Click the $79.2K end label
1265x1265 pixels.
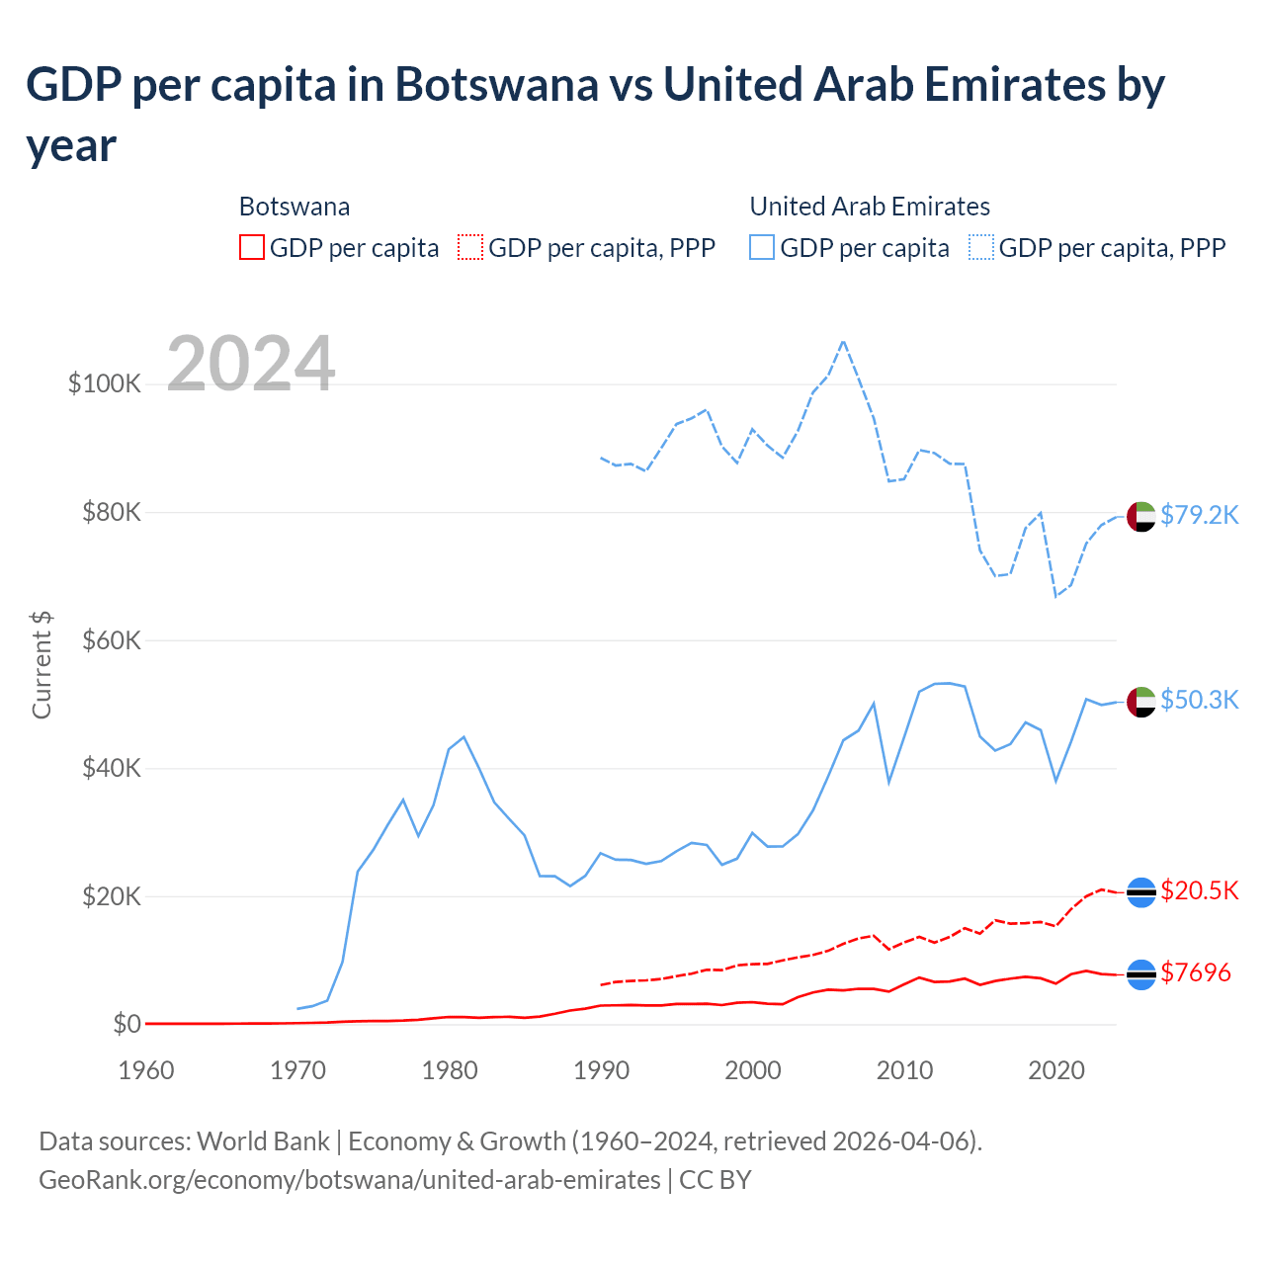click(x=1199, y=515)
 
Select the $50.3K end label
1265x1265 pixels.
click(x=1199, y=700)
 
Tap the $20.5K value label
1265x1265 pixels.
click(x=1199, y=890)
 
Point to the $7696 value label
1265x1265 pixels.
click(x=1195, y=972)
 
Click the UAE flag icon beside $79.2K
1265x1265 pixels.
click(x=1141, y=516)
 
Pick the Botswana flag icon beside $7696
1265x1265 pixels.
click(x=1141, y=974)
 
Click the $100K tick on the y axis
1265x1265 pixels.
click(x=105, y=383)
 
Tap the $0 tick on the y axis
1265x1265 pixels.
click(x=126, y=1024)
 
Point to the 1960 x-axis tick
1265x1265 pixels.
click(x=146, y=1070)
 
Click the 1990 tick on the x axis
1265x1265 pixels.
click(x=601, y=1070)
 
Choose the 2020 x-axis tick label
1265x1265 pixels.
click(x=1056, y=1070)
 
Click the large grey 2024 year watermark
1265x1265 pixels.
click(x=251, y=364)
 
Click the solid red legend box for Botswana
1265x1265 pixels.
click(x=252, y=247)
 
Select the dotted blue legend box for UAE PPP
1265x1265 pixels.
click(x=981, y=247)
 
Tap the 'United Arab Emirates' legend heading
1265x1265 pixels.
click(x=870, y=207)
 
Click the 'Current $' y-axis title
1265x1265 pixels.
click(x=42, y=664)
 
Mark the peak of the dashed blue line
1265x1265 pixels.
click(x=843, y=342)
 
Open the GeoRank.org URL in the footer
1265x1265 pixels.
click(x=350, y=1180)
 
